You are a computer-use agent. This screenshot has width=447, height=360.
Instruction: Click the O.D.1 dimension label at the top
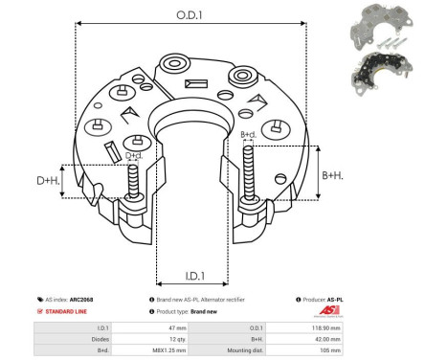point(188,13)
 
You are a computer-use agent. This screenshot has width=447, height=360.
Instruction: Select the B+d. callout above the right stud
point(248,135)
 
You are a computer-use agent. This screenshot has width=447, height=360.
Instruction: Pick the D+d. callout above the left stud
point(134,154)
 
